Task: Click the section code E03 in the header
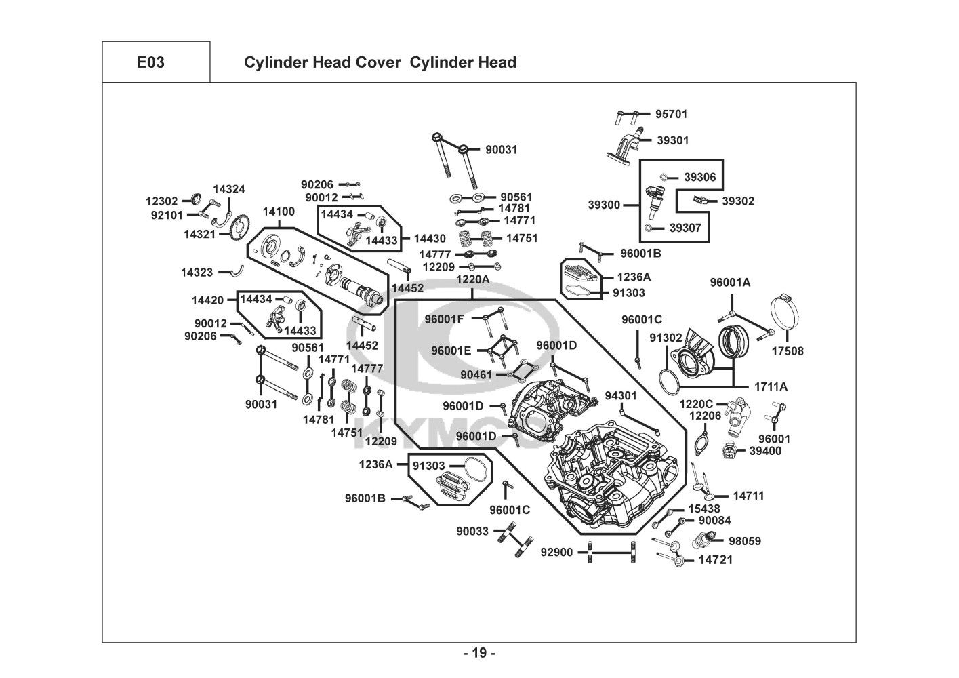pos(150,62)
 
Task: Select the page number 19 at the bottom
pos(479,654)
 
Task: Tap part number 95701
pos(671,114)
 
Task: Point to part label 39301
pos(672,140)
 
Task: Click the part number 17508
pos(788,351)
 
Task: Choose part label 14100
pos(279,212)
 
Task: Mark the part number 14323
pos(197,272)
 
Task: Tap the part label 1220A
pos(472,279)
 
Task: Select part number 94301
pos(621,395)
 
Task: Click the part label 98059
pos(745,541)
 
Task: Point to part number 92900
pos(556,553)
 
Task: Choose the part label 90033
pos(472,532)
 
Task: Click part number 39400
pos(765,450)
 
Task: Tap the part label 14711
pos(748,496)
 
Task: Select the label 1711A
pos(771,386)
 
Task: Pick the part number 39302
pos(737,201)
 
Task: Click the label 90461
pos(476,374)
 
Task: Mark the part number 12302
pos(161,201)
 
